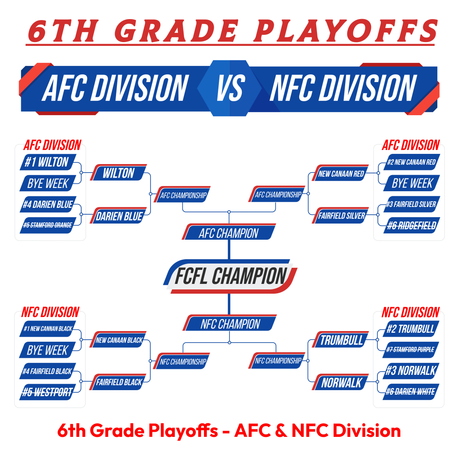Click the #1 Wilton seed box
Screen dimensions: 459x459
tap(48, 162)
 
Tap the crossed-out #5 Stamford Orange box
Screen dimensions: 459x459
tap(48, 225)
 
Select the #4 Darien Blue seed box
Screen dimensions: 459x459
tap(48, 204)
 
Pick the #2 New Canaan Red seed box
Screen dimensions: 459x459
tap(411, 162)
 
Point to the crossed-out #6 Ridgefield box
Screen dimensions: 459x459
tap(411, 225)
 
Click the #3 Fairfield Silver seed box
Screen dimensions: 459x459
tap(411, 204)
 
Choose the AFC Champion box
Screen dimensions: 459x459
tap(229, 232)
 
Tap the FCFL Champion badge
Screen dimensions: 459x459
tap(230, 276)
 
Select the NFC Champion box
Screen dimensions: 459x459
tap(230, 323)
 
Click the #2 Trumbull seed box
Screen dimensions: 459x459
tap(411, 329)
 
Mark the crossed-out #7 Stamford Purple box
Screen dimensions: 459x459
tap(411, 349)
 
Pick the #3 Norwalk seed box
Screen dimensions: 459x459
tap(411, 371)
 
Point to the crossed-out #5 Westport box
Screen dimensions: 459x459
tap(48, 392)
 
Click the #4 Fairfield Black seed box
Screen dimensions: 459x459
tap(48, 371)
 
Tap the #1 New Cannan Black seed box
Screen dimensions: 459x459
tap(48, 329)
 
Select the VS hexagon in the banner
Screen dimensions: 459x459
tap(229, 88)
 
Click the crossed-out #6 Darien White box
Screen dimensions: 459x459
tap(411, 392)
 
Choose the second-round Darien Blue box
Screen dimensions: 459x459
tap(118, 216)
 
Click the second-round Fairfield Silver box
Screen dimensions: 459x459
tap(340, 215)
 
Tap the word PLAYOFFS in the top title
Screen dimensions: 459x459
tap(346, 31)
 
